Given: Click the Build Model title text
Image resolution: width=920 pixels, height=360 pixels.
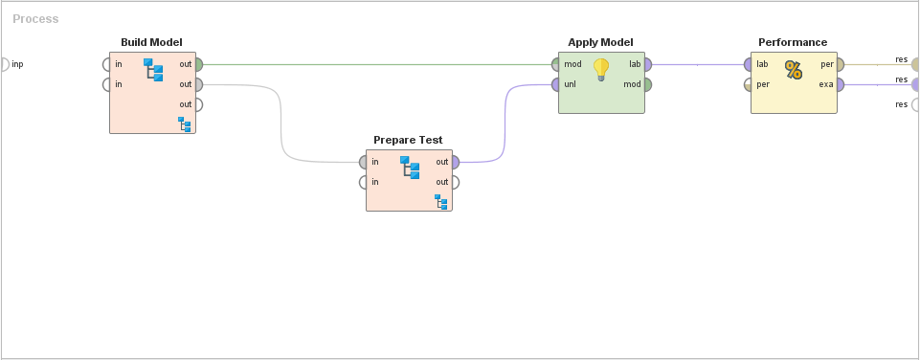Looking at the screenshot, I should pyautogui.click(x=151, y=42).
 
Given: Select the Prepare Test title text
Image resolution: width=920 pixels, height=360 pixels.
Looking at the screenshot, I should pyautogui.click(x=408, y=140).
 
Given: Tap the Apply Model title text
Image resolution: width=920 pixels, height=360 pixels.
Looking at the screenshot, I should pyautogui.click(x=600, y=42).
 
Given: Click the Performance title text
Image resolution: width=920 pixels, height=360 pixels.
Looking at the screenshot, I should pyautogui.click(x=793, y=42).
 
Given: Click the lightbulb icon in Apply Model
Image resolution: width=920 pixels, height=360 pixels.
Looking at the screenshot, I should pyautogui.click(x=601, y=69).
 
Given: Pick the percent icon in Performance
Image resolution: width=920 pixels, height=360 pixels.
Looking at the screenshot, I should pyautogui.click(x=794, y=69).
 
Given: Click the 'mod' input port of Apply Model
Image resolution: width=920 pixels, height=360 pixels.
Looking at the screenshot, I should pyautogui.click(x=556, y=64).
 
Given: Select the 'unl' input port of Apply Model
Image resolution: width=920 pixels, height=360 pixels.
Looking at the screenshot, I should pyautogui.click(x=556, y=84).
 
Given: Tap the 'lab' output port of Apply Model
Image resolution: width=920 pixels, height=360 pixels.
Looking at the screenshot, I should pyautogui.click(x=647, y=64).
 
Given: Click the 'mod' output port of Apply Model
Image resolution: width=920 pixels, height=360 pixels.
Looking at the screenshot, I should pyautogui.click(x=647, y=84).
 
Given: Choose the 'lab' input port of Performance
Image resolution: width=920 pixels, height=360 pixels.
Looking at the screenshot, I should pyautogui.click(x=749, y=64).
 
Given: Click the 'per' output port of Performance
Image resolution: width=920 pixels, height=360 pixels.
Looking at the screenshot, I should pyautogui.click(x=840, y=64).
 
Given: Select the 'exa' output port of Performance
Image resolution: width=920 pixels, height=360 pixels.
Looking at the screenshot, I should pyautogui.click(x=840, y=84).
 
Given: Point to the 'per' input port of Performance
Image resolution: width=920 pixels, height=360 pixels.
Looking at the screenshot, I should pyautogui.click(x=749, y=84).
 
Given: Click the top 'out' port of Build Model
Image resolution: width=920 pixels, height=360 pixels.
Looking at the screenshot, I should pyautogui.click(x=198, y=64).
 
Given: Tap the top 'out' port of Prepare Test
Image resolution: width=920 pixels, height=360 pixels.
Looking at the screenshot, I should pyautogui.click(x=455, y=162).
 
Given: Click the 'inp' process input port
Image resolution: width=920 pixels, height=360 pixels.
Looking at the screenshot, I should pyautogui.click(x=4, y=64).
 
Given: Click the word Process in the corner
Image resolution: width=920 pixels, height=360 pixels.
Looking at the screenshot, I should pyautogui.click(x=35, y=19).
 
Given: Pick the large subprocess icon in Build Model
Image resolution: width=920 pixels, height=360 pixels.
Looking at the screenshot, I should pyautogui.click(x=153, y=70).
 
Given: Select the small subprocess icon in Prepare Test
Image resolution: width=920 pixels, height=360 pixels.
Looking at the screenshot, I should pyautogui.click(x=440, y=202).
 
